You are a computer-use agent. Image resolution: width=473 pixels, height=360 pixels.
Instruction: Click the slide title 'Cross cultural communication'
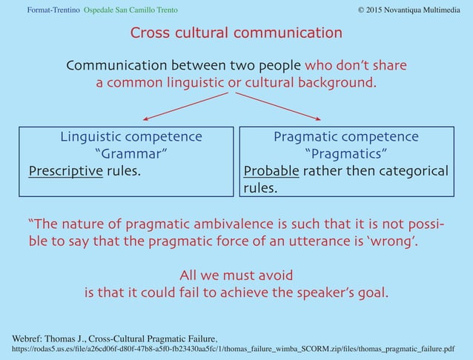tap(236, 33)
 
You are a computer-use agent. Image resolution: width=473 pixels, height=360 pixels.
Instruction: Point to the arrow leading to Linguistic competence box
tap(189, 106)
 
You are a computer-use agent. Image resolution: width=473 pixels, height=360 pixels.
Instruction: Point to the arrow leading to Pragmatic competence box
tap(282, 106)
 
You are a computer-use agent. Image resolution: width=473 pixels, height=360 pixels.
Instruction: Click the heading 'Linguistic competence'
tap(130, 137)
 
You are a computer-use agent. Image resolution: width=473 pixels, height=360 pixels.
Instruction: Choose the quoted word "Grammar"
tap(131, 154)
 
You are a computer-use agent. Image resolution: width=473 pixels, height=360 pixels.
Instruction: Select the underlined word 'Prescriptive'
tap(65, 172)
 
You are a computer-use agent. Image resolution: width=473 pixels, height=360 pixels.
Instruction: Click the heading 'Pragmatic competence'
tap(345, 137)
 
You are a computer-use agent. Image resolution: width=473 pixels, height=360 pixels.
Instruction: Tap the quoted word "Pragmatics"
tap(346, 154)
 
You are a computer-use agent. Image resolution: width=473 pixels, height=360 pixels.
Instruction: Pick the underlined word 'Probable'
tap(271, 172)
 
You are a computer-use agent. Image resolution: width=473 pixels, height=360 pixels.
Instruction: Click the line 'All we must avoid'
tap(236, 274)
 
